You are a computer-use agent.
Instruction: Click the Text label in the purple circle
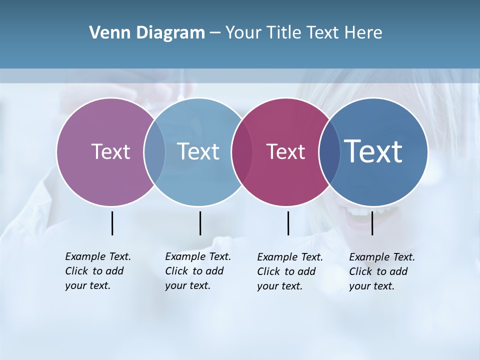[x=110, y=151]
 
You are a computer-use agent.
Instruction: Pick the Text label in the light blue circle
[x=198, y=151]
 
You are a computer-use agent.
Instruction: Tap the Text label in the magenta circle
[x=286, y=152]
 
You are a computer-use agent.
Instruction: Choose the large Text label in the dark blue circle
[x=373, y=151]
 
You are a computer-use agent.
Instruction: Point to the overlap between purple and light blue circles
[x=154, y=152]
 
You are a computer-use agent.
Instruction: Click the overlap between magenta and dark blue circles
[x=329, y=152]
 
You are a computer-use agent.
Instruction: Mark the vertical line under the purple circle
[x=112, y=223]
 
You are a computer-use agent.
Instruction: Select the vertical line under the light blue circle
[x=200, y=223]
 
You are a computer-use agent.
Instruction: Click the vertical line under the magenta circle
[x=288, y=223]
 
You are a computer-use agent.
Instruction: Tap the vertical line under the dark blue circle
[x=372, y=223]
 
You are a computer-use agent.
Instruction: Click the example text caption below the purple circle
[x=97, y=271]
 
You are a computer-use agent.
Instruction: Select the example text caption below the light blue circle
[x=197, y=271]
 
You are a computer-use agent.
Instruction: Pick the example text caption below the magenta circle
[x=289, y=271]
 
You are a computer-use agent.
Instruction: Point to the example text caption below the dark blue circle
[x=381, y=271]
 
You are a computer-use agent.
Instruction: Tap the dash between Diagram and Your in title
[x=215, y=33]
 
